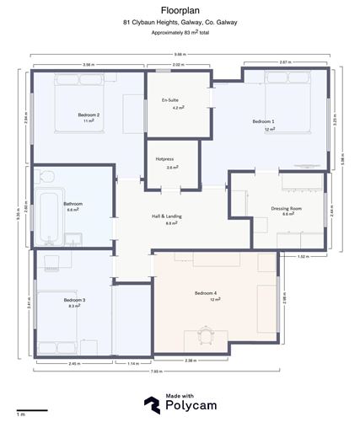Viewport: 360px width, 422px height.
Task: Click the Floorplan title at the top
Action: pyautogui.click(x=180, y=10)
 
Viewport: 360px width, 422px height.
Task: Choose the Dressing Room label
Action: pyautogui.click(x=287, y=211)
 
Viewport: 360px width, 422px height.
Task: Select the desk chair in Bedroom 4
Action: pyautogui.click(x=207, y=334)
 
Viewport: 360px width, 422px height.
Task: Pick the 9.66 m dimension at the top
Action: pyautogui.click(x=180, y=54)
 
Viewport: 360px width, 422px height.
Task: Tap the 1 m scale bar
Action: pyautogui.click(x=32, y=410)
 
